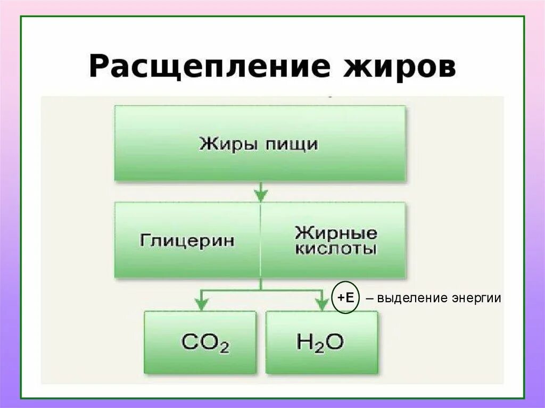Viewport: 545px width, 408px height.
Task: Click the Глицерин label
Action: pyautogui.click(x=187, y=240)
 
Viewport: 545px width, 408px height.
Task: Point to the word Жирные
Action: pyautogui.click(x=336, y=232)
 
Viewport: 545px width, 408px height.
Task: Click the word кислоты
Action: pyautogui.click(x=336, y=249)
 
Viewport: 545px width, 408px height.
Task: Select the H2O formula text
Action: pyautogui.click(x=320, y=342)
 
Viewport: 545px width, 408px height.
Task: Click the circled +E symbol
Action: pyautogui.click(x=345, y=298)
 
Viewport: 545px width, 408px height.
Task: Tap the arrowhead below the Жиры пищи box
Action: pyautogui.click(x=260, y=196)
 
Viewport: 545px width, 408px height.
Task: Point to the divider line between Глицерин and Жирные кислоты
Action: pyautogui.click(x=260, y=239)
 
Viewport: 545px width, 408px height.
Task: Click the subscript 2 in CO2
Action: pyautogui.click(x=224, y=348)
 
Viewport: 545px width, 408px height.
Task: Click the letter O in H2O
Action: pyautogui.click(x=334, y=342)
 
